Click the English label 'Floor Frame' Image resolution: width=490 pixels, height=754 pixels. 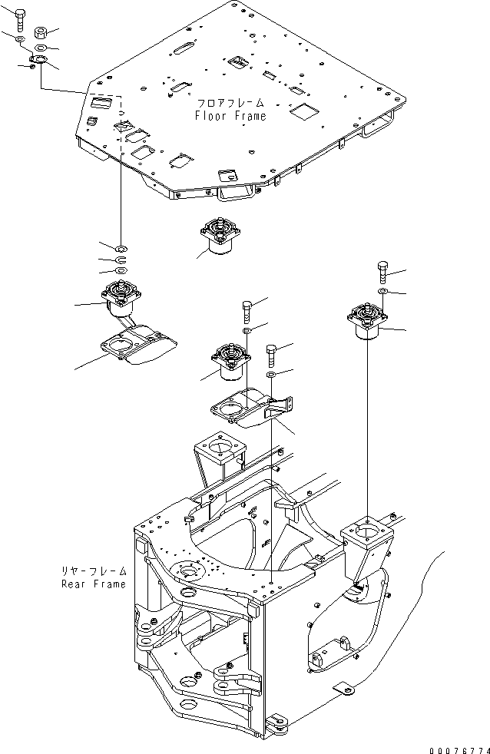tap(230, 116)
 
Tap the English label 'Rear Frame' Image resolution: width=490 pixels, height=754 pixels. tap(94, 584)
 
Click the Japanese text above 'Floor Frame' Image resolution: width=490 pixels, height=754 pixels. tap(231, 103)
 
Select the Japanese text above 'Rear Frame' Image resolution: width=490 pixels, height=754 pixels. tap(94, 571)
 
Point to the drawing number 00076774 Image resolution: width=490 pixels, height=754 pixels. tap(459, 750)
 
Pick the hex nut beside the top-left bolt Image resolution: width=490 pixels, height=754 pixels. tap(41, 33)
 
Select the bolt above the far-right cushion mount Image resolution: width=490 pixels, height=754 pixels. tap(383, 272)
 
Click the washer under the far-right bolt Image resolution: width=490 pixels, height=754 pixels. tap(382, 292)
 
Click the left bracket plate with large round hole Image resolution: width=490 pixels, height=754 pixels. tap(138, 342)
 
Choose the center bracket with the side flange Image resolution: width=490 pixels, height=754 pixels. tap(251, 408)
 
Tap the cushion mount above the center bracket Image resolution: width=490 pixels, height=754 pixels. tap(231, 362)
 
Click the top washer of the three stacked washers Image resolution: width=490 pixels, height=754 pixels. tap(121, 249)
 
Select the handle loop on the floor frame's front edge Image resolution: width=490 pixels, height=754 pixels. tap(235, 193)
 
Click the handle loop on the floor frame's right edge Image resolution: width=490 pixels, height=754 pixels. tap(379, 125)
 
